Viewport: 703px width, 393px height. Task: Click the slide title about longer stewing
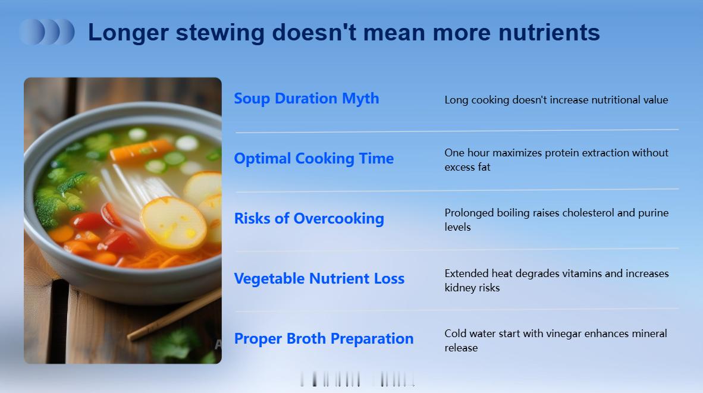coord(344,33)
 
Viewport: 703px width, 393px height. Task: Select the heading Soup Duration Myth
coord(307,99)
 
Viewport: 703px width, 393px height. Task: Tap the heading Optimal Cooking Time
coord(314,159)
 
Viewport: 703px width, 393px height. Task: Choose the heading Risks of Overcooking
coord(309,219)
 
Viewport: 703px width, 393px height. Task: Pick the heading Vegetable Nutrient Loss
coord(319,279)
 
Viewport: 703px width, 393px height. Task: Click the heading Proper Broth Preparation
coord(324,339)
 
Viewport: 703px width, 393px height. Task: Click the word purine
coord(653,213)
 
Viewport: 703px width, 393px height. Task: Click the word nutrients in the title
coord(549,33)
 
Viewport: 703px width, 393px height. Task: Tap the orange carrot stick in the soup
coord(140,150)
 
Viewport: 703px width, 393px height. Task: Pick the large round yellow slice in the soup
coord(173,223)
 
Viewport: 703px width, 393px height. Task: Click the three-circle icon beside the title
coord(47,32)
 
